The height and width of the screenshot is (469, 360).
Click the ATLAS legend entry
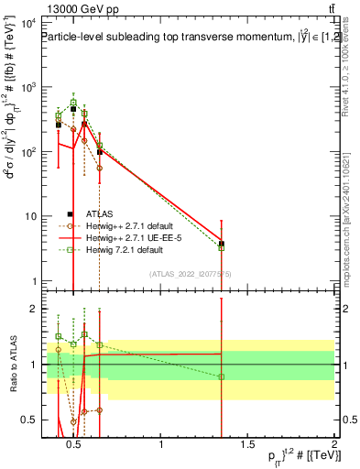[x=94, y=213]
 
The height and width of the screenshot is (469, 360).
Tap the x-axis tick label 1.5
[x=247, y=445]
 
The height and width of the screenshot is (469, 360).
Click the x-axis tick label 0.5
[x=75, y=445]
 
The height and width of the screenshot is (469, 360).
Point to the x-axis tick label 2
[x=333, y=445]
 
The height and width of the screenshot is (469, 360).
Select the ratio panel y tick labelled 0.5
[x=27, y=420]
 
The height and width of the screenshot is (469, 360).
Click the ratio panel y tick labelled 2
[x=31, y=309]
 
